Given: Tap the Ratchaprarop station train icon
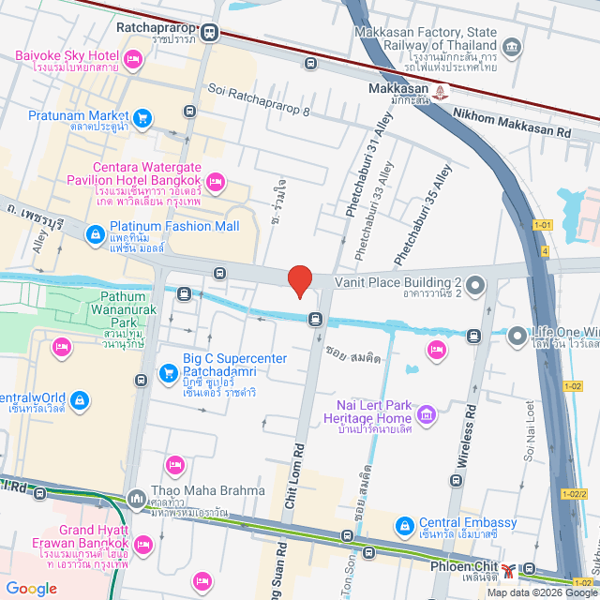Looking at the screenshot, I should pos(208,32).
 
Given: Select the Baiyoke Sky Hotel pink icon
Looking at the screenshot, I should pos(133,62).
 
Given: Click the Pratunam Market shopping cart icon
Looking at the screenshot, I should pos(142,117).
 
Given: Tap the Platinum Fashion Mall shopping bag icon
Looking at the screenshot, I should pos(95,233).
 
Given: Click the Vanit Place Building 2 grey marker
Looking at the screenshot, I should pos(475,284).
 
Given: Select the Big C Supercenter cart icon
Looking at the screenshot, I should pos(169,373).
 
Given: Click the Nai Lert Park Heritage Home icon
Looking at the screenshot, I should pos(427,413).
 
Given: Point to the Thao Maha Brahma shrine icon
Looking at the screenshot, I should pos(137,497).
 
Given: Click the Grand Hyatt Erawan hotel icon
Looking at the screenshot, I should pos(144,546).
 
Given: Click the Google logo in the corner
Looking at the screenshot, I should pos(31,589).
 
